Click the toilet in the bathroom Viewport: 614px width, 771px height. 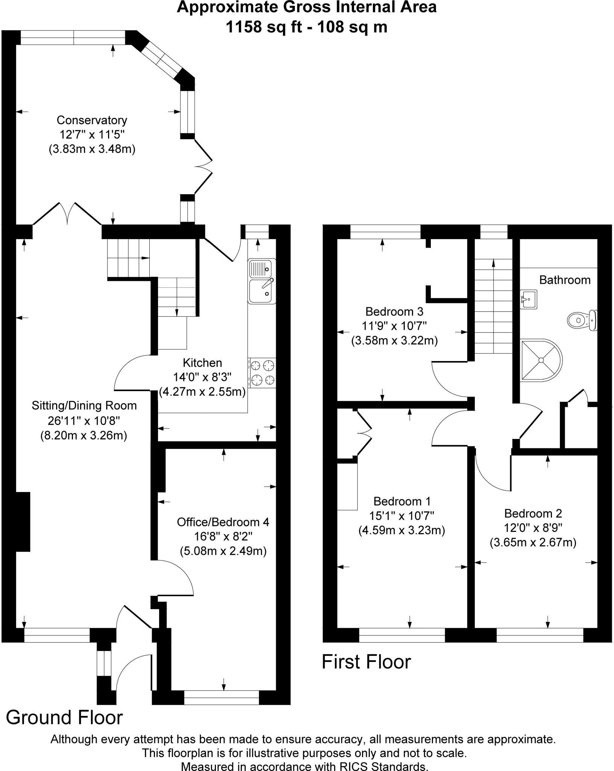pyautogui.click(x=582, y=320)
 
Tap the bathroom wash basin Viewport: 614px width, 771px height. pyautogui.click(x=528, y=299)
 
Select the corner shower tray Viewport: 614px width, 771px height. pyautogui.click(x=540, y=360)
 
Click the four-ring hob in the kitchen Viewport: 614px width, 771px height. pyautogui.click(x=262, y=373)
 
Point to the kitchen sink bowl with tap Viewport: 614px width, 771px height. pyautogui.click(x=261, y=291)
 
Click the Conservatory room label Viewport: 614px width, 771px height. pyautogui.click(x=92, y=120)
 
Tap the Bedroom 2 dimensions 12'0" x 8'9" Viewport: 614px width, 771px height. pyautogui.click(x=533, y=528)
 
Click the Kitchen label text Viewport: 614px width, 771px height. pyautogui.click(x=202, y=363)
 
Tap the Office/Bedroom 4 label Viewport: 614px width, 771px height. pyautogui.click(x=223, y=522)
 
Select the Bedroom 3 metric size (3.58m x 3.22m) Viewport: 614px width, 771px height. pyautogui.click(x=394, y=341)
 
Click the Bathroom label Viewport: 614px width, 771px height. pyautogui.click(x=565, y=280)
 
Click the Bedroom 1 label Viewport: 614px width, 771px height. pyautogui.click(x=402, y=501)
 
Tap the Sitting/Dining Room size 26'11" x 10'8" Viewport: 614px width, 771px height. pyautogui.click(x=84, y=421)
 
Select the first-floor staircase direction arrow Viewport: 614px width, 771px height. pyautogui.click(x=493, y=264)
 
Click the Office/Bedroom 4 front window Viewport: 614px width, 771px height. pyautogui.click(x=222, y=698)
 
